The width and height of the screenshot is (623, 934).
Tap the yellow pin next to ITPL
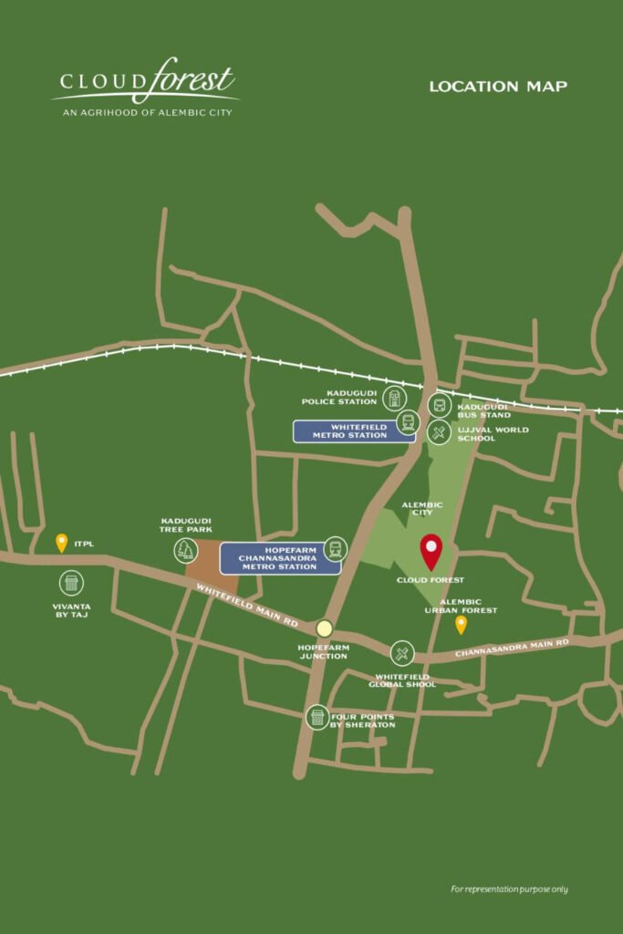point(61,543)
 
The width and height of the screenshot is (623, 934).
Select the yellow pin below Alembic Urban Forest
point(461,625)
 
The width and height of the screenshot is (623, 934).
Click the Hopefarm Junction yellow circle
point(324,628)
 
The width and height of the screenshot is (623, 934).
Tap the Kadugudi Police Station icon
point(394,397)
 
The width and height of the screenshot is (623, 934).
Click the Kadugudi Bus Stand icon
point(439,406)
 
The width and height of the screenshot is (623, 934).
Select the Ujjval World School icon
point(439,431)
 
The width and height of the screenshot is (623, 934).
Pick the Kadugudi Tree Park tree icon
point(186,549)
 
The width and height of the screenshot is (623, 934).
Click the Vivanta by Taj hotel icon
point(70,583)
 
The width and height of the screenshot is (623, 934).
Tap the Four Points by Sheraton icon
point(317,717)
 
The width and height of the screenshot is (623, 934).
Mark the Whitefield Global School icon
point(402,653)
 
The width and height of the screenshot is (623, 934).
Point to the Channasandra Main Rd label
point(512,649)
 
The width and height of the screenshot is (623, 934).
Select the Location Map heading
point(498,87)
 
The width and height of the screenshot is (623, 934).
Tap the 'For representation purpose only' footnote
point(509,888)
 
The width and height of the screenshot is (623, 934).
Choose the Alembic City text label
point(421,509)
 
